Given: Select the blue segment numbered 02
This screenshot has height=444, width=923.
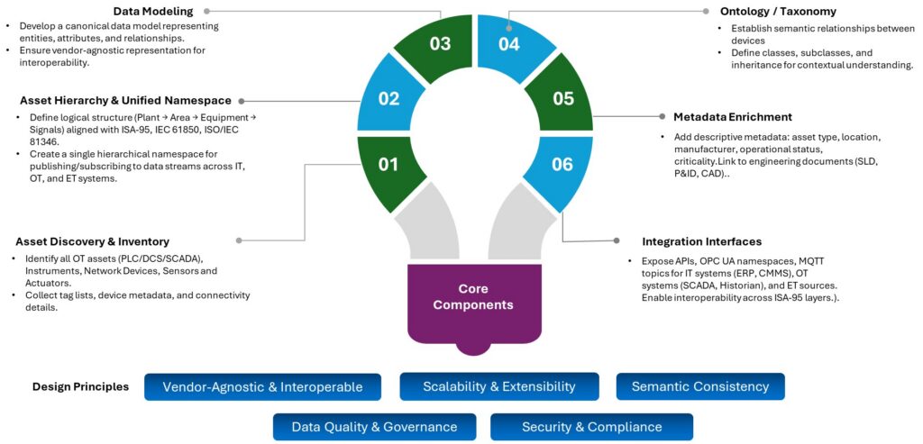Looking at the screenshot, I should [x=388, y=98].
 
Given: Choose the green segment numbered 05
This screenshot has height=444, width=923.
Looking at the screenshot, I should [x=562, y=98].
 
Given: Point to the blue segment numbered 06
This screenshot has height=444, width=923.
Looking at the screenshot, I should [x=562, y=165].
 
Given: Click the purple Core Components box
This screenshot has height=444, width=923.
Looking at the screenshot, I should [x=473, y=297].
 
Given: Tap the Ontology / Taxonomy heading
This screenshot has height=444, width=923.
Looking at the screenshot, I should [x=778, y=12].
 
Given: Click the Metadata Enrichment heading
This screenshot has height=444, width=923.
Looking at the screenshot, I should [x=732, y=117].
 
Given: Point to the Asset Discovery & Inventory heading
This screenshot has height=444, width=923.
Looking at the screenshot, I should [x=92, y=241].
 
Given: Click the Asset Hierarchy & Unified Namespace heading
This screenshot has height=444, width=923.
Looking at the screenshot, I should [x=125, y=100].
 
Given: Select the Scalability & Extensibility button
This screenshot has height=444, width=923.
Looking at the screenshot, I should [x=498, y=386].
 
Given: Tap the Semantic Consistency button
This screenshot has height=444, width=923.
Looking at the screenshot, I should [x=699, y=386].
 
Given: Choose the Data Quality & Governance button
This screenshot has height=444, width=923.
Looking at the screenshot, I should [x=374, y=427].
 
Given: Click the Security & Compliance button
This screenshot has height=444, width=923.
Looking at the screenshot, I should [x=591, y=427].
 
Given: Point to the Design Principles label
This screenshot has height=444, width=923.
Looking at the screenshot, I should [x=80, y=387].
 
